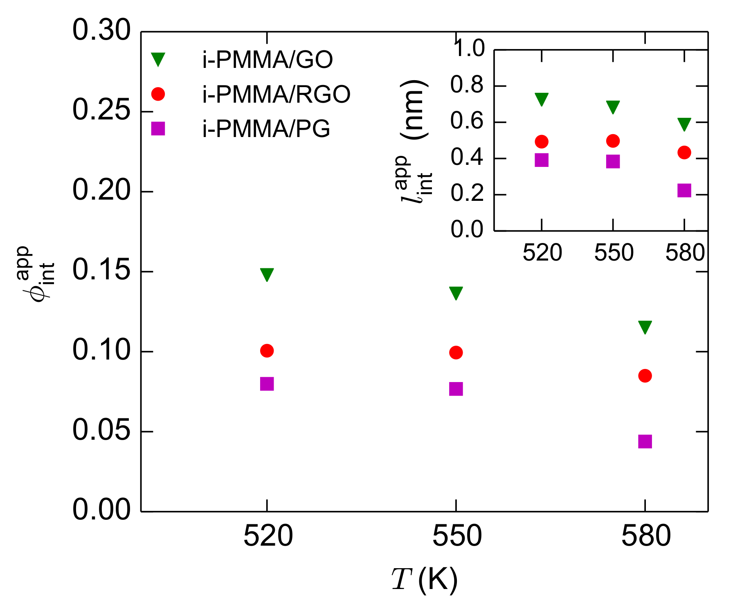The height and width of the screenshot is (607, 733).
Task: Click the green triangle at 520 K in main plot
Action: tap(267, 274)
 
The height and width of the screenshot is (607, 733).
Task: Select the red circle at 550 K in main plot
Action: tap(456, 353)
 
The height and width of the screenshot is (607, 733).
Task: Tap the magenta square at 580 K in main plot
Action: tap(645, 441)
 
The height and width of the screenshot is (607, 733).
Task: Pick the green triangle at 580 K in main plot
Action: tap(645, 327)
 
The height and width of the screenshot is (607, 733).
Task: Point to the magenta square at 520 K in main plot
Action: tap(267, 384)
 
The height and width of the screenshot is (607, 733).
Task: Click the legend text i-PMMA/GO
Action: tap(268, 60)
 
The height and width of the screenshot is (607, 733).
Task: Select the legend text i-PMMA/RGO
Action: tap(277, 94)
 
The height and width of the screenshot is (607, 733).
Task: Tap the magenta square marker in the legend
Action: tap(158, 129)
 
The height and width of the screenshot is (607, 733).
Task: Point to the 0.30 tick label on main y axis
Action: tap(101, 30)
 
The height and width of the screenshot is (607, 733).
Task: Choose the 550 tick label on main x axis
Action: tap(457, 536)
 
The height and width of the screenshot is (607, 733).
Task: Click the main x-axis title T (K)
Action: tap(425, 580)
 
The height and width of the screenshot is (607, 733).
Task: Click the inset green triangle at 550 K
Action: tap(613, 107)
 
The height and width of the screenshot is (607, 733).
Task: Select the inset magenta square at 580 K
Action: tap(684, 190)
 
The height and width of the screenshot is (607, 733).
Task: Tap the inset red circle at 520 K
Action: tap(542, 142)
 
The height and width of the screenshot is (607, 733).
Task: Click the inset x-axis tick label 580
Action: tap(685, 253)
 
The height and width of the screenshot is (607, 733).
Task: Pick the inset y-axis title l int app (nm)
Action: tap(414, 141)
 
